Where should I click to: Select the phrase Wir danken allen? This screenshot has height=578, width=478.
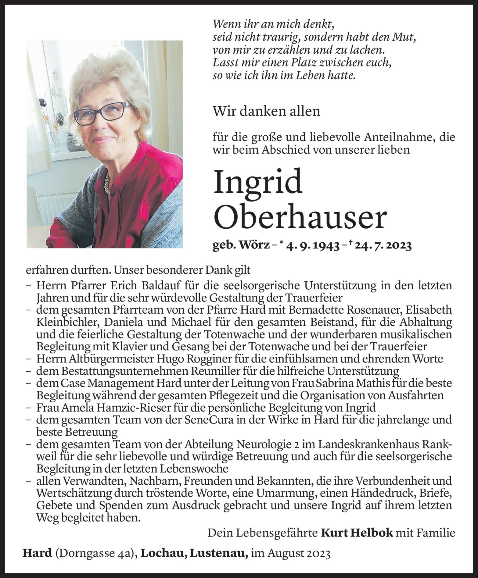tap(267, 111)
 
